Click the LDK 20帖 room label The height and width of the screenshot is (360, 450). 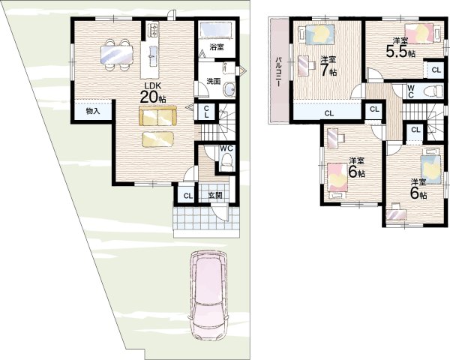point(152,93)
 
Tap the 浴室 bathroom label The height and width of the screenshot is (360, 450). point(217,47)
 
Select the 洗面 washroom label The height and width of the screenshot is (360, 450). point(214,81)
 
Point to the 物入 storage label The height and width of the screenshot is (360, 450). point(93,111)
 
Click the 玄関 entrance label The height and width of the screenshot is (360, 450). point(215,196)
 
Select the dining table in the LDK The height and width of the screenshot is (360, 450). point(117,55)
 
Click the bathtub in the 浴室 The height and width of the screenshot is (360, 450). point(216,30)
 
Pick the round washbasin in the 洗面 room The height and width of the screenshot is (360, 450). point(229,89)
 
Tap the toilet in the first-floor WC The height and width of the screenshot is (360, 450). point(226,161)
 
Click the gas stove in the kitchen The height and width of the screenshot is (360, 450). point(152,30)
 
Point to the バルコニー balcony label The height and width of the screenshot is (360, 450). point(278,72)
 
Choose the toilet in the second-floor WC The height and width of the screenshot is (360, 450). point(436,91)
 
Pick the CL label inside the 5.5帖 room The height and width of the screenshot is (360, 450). point(436,70)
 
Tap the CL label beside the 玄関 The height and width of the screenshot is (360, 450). point(188,196)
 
